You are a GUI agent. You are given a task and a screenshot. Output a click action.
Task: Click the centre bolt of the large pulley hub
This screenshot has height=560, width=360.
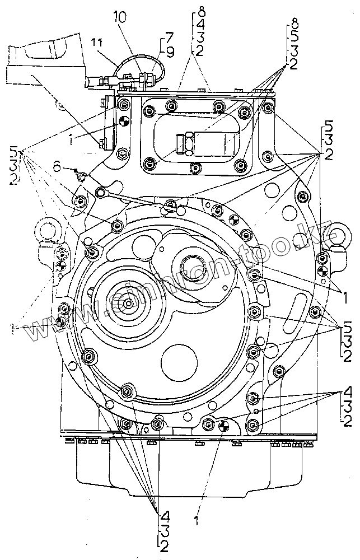[129, 303]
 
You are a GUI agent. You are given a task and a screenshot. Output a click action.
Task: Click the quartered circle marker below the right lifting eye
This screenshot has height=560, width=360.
[322, 271]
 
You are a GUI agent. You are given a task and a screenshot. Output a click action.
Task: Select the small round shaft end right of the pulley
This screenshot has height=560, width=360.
[193, 263]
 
